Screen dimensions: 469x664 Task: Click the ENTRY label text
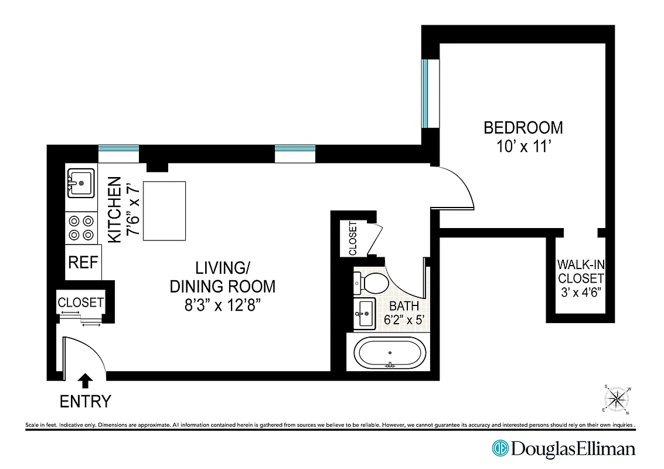tap(85, 402)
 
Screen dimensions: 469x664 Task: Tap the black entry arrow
tap(85, 381)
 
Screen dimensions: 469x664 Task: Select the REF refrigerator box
tap(84, 262)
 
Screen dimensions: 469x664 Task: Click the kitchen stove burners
tap(81, 228)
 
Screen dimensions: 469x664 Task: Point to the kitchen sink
tap(81, 181)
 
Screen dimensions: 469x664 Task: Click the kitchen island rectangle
tap(165, 211)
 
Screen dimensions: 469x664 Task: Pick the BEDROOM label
tap(523, 127)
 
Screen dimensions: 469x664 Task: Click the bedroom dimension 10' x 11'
tap(523, 147)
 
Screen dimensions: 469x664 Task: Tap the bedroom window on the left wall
tap(425, 94)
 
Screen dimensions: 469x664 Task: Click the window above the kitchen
tap(118, 149)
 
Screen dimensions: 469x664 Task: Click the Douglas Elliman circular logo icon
tap(500, 449)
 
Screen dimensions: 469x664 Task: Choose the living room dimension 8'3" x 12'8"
tap(222, 305)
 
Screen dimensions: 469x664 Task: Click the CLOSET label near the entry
tap(81, 303)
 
